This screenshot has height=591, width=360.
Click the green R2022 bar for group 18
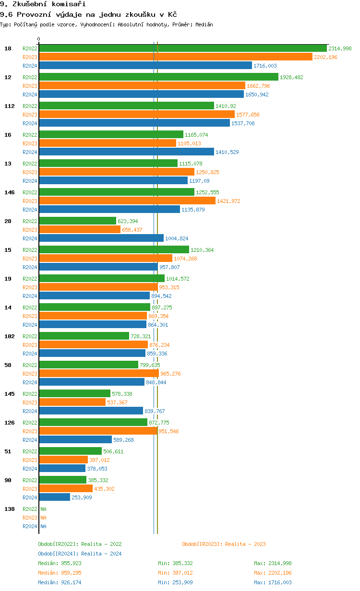pos(182,48)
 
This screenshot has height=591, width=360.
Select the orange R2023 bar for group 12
pos(142,86)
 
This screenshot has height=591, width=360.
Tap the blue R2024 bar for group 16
pos(126,152)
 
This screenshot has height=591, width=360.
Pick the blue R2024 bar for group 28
pos(101,238)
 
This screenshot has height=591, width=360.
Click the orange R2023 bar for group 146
pos(127,201)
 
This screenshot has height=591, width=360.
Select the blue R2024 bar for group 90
pos(54,497)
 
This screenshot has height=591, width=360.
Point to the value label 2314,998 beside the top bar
pos(340,48)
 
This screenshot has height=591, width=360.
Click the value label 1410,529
pos(227,152)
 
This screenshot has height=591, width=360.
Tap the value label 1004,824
pos(177,238)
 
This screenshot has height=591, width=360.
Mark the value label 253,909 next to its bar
pos(82,497)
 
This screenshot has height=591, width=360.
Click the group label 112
pos(10,106)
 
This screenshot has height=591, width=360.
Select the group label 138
pos(10,509)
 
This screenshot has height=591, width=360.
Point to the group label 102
pos(10,336)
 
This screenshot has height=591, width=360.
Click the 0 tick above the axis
pos(39,39)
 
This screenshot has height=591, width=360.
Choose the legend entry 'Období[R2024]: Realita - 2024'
pos(80,554)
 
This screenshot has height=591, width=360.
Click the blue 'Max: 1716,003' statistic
pos(273,582)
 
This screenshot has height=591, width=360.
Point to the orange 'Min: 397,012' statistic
pos(175,573)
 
